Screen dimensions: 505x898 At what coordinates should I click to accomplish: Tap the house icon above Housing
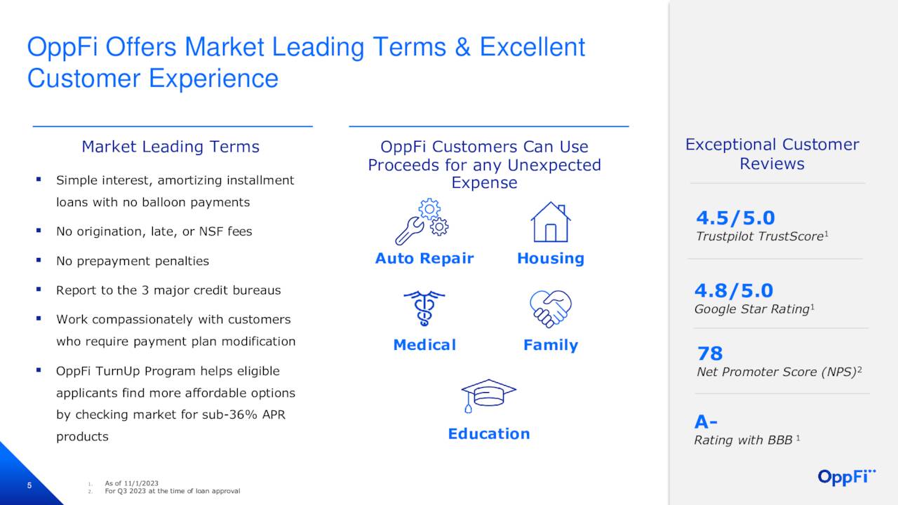click(550, 222)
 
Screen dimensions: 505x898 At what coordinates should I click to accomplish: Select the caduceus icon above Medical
click(424, 308)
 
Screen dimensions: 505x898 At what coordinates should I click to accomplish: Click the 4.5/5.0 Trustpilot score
click(735, 218)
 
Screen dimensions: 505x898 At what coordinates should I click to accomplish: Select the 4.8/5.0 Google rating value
click(733, 290)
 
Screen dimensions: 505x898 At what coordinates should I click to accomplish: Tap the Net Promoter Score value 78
click(710, 353)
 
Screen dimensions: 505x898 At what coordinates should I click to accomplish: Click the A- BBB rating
click(706, 422)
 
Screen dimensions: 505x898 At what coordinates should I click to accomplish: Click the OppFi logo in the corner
click(847, 477)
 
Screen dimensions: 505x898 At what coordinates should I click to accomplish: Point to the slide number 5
click(29, 486)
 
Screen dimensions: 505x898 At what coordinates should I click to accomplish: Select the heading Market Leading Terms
click(170, 147)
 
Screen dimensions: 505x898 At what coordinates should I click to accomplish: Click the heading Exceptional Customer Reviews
click(772, 154)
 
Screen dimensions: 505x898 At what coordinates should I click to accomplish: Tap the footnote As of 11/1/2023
click(131, 483)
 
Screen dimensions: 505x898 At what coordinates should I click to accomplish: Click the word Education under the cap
click(489, 433)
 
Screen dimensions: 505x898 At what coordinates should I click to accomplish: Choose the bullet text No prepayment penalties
click(133, 261)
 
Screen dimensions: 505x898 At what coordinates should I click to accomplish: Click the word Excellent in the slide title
click(532, 47)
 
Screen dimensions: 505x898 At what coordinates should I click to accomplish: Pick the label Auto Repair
click(424, 258)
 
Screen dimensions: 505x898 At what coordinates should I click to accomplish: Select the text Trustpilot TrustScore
click(759, 237)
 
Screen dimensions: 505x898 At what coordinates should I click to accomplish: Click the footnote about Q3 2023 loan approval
click(172, 491)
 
